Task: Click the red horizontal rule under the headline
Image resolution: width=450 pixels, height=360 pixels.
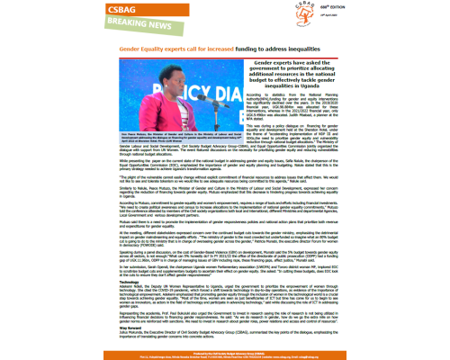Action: [225, 50]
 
